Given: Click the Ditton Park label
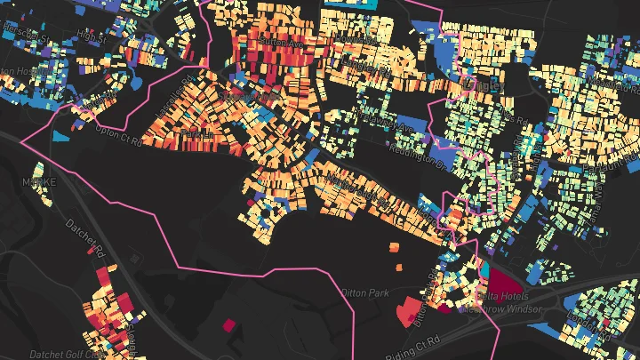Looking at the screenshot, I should (x=364, y=292).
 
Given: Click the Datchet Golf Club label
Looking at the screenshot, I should (x=68, y=353).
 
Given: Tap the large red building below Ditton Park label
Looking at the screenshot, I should (x=408, y=312).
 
